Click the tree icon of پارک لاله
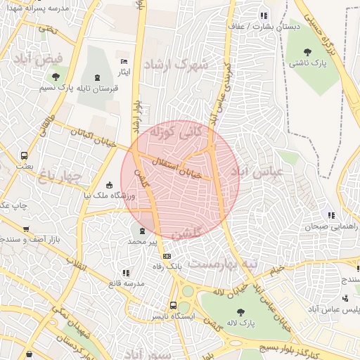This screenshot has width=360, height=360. [x=241, y=311]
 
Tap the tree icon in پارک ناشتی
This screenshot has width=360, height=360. [x=307, y=51]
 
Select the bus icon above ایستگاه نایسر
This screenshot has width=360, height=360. [x=173, y=305]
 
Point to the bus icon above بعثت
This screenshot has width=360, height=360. [x=25, y=155]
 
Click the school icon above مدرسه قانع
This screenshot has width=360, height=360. [x=126, y=272]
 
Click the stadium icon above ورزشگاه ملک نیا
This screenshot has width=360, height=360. [x=109, y=185]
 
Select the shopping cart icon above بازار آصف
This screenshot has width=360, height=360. [x=26, y=229]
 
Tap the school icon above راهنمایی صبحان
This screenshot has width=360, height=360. [x=330, y=215]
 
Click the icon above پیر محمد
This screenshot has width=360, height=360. [x=143, y=230]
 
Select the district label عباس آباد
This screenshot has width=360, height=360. [x=250, y=172]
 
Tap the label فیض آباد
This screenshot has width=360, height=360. [x=43, y=59]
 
